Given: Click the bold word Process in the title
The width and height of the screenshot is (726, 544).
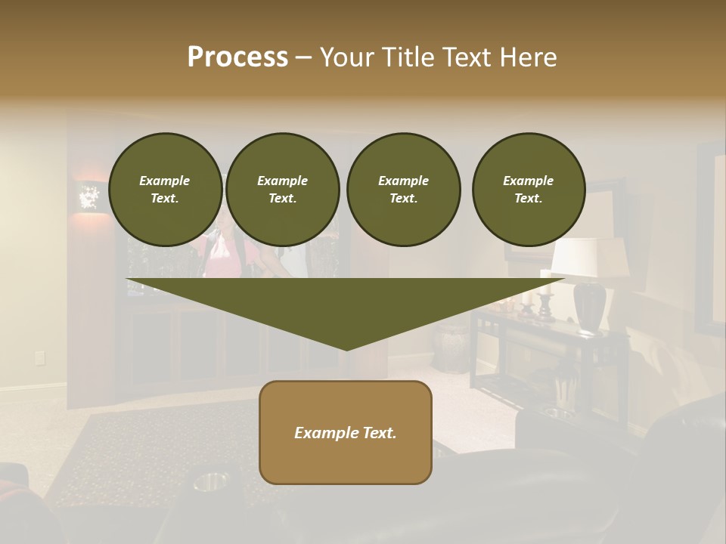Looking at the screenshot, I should pos(237,57).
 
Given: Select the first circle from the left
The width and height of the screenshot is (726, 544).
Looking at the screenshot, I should pos(165,190).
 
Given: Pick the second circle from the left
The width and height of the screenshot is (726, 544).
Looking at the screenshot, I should pos(282,190).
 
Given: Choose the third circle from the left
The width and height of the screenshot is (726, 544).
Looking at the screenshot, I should pos(403,190).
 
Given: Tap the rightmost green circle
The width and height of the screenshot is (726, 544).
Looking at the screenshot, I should pos(528,190).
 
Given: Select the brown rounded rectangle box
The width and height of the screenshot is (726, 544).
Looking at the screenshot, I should pos(346,432).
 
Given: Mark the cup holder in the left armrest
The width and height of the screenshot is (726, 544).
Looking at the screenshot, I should pos(211,481).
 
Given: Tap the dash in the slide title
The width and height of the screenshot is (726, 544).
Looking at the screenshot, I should pos(304,58).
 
